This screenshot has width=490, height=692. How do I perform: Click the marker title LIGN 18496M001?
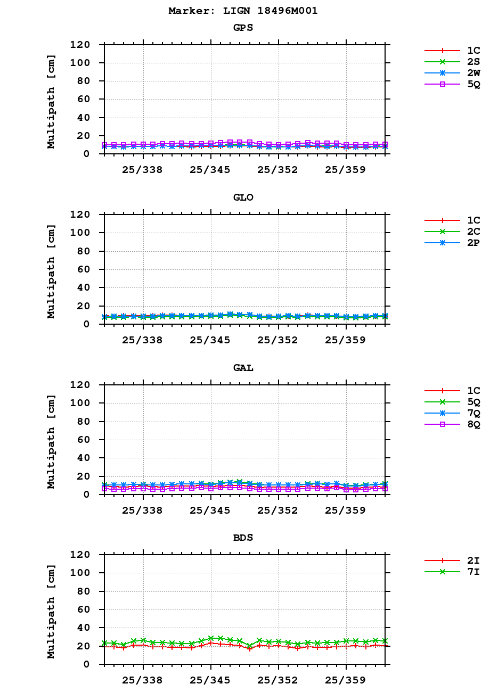pyautogui.click(x=243, y=11)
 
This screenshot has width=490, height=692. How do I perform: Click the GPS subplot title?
pyautogui.click(x=243, y=28)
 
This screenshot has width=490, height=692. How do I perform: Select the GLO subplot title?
pyautogui.click(x=243, y=197)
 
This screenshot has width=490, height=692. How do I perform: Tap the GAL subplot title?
pyautogui.click(x=243, y=368)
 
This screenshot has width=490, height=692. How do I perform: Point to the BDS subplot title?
pyautogui.click(x=243, y=538)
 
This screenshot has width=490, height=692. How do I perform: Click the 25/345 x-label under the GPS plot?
pyautogui.click(x=210, y=170)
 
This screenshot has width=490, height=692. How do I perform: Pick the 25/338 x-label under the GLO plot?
pyautogui.click(x=142, y=340)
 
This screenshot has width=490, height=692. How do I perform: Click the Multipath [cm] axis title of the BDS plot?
pyautogui.click(x=51, y=609)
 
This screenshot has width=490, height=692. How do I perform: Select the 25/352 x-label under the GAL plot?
pyautogui.click(x=278, y=510)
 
